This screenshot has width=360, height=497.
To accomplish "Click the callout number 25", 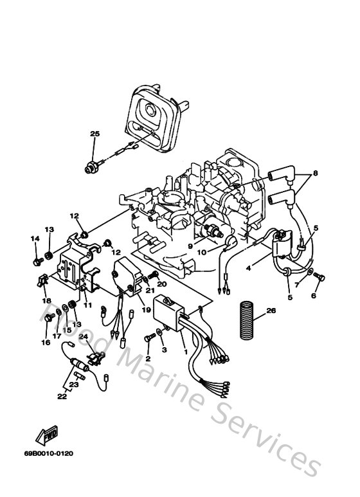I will point(95,134).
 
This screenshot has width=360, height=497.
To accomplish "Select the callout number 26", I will point(271,311).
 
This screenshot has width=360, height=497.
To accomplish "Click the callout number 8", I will point(316,174).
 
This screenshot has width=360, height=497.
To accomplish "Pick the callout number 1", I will point(186,352).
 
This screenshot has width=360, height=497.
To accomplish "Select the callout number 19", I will point(146,309).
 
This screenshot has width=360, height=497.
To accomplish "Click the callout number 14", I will point(34,239).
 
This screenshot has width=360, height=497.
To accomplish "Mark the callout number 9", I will point(190,245).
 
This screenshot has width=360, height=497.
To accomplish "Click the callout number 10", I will point(202,253).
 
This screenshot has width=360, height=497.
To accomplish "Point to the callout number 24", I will point(83,336).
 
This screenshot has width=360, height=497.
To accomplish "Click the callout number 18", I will point(46,301).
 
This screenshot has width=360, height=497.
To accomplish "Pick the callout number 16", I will point(45,343).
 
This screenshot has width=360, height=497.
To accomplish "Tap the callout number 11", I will point(87,305).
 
